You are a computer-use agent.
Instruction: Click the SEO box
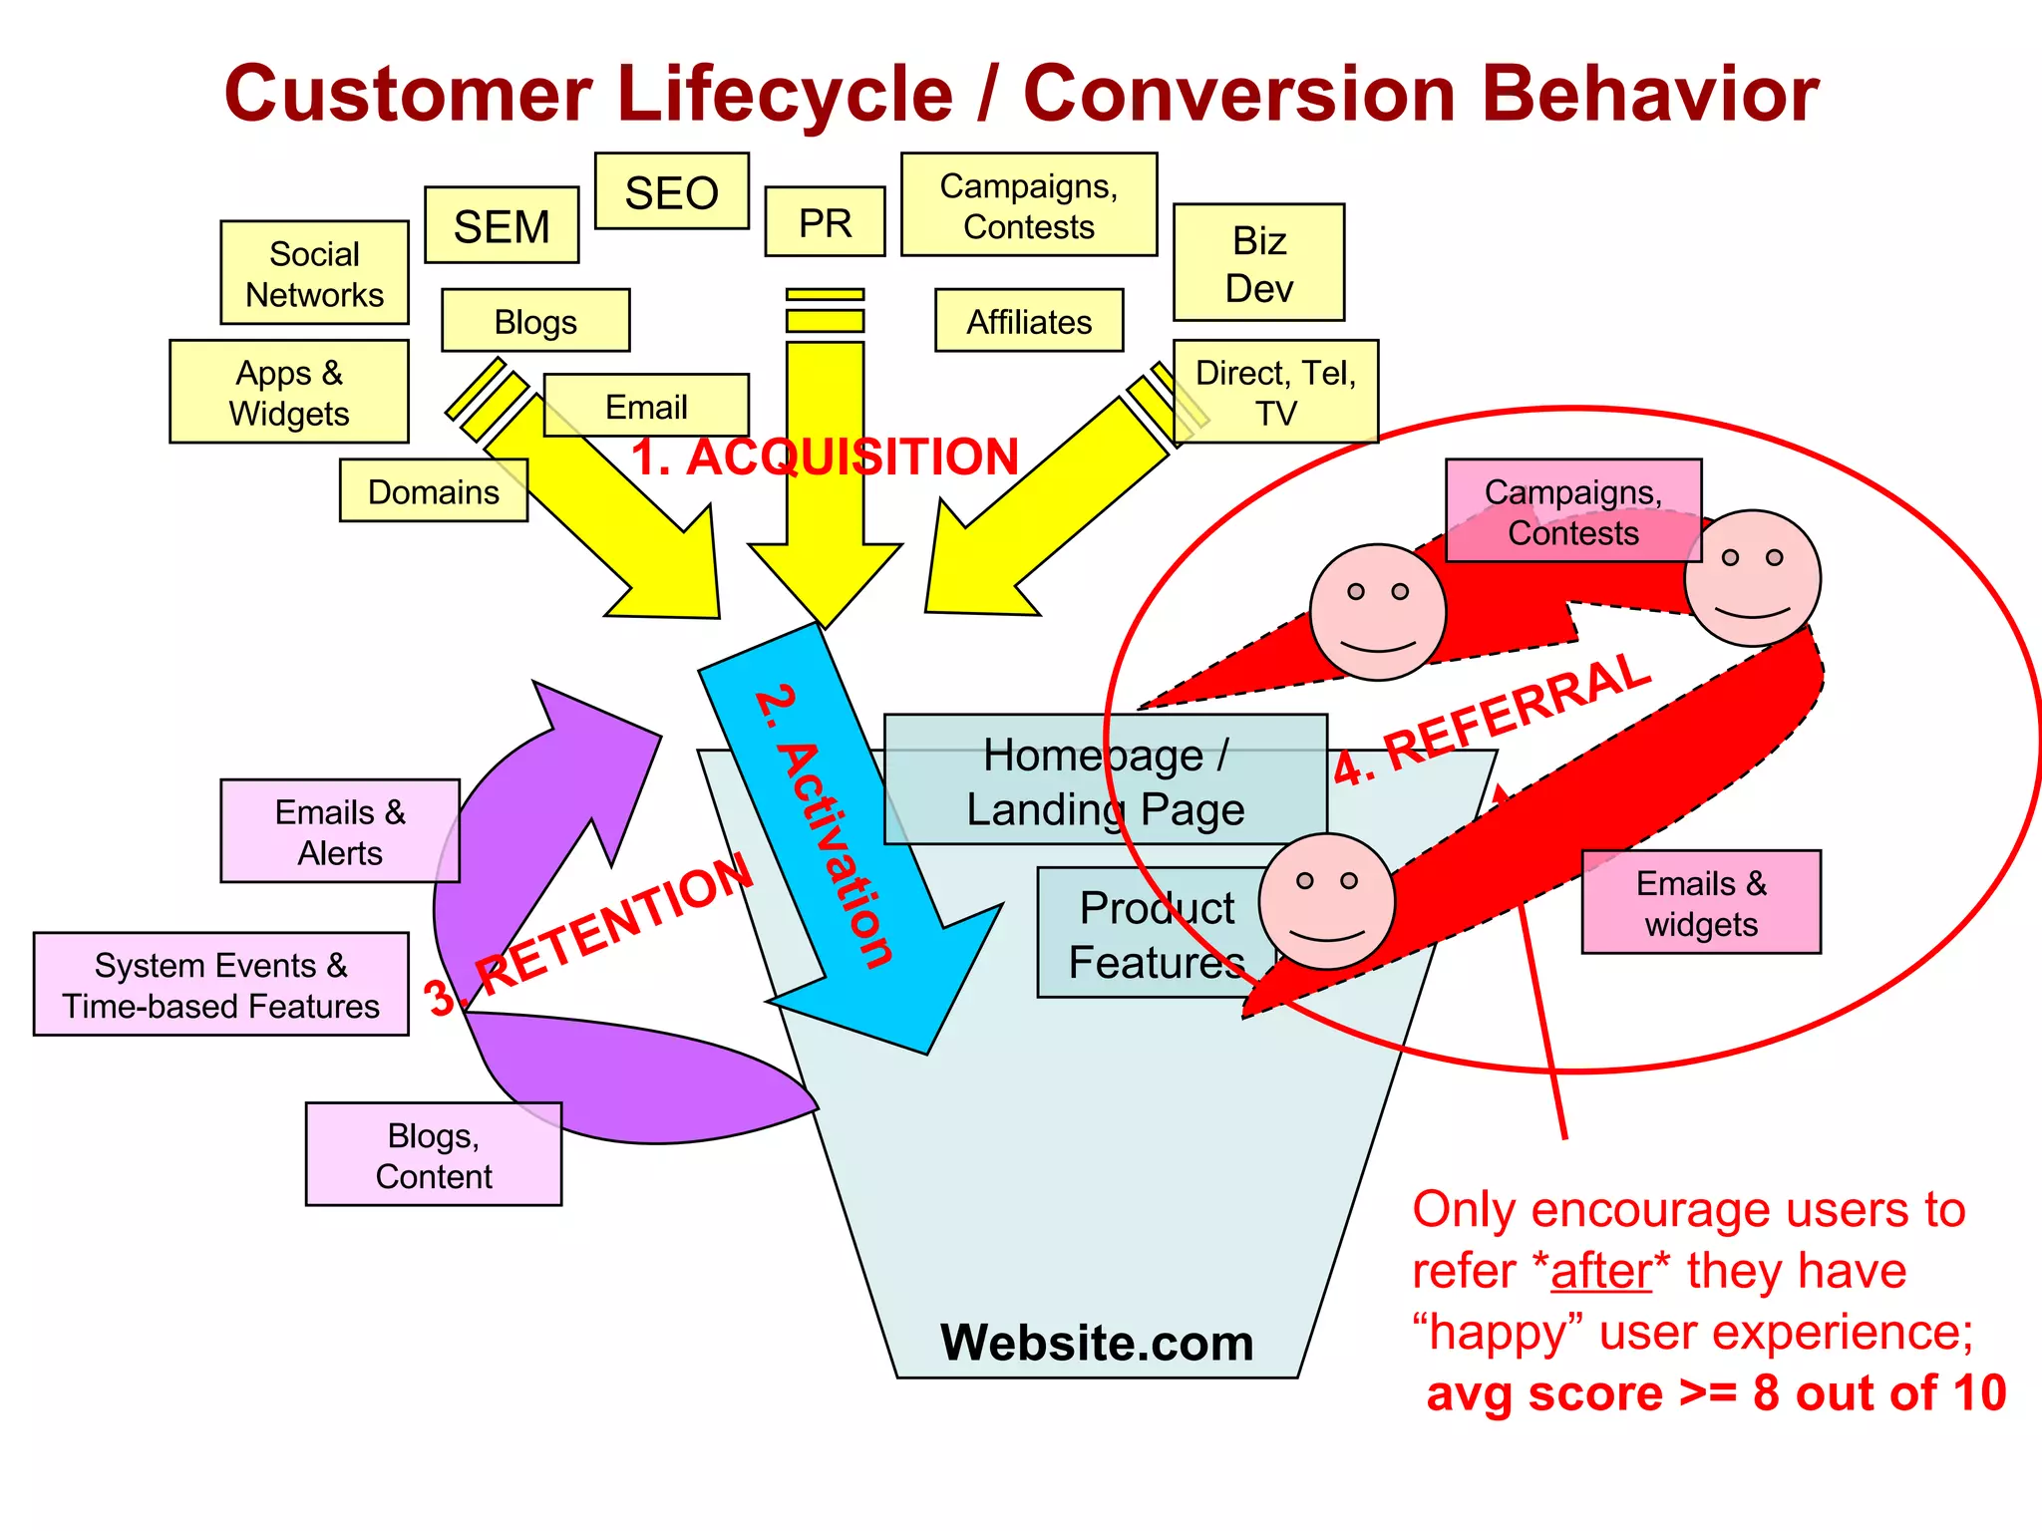(671, 191)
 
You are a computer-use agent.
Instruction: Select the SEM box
(502, 225)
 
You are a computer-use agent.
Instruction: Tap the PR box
(825, 221)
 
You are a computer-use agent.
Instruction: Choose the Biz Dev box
(1258, 263)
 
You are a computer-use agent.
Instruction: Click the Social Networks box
(314, 273)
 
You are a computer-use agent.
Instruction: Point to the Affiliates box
(1029, 321)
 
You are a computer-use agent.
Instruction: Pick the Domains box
(433, 490)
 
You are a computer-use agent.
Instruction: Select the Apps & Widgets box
(289, 392)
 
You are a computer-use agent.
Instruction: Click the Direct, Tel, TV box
(1275, 392)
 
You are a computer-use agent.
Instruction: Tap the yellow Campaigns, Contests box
(1029, 205)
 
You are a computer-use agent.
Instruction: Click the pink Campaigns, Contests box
(1572, 510)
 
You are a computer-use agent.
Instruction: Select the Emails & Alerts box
(340, 831)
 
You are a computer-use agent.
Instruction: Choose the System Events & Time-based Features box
(220, 985)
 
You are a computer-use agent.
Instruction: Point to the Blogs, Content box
(433, 1154)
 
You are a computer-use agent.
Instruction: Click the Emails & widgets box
(1701, 902)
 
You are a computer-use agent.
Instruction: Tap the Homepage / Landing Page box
(1105, 780)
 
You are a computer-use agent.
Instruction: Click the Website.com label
(1097, 1342)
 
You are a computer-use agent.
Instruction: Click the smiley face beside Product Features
(1326, 902)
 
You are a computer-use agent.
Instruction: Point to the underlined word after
(1601, 1271)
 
